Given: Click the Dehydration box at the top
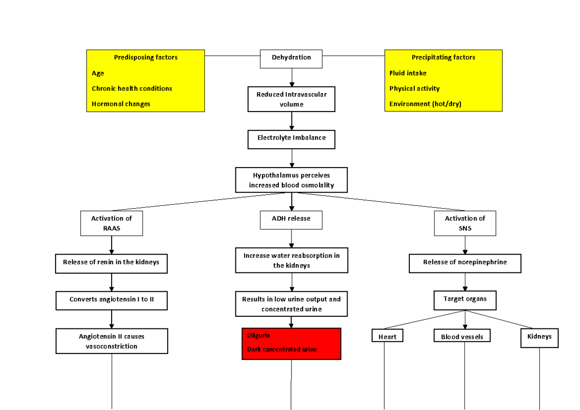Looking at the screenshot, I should coord(291,58).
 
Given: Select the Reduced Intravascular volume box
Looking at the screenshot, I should coord(291,99).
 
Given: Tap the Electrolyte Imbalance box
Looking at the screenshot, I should coord(291,139).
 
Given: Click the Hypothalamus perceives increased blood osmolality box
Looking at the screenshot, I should coord(291,180).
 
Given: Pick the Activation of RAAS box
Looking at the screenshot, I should coord(111,223).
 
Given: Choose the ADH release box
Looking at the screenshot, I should coord(291,219).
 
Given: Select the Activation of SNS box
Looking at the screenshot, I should coord(464,223).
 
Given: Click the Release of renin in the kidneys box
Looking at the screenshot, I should coord(111,263).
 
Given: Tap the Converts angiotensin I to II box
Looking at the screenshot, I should coord(111,300).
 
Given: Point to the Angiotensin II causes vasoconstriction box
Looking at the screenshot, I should coord(111,341).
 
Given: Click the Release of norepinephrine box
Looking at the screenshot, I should coord(464,263).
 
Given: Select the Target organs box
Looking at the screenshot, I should coord(464,300).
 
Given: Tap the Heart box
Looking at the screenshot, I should coord(387,336).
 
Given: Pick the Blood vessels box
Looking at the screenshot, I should coord(462,336).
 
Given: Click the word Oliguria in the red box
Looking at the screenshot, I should coord(259,336).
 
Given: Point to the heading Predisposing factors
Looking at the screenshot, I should coord(145,57).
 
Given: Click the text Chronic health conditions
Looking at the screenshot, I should coord(131,88).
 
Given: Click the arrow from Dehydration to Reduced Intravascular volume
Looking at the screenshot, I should coord(291,77).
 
